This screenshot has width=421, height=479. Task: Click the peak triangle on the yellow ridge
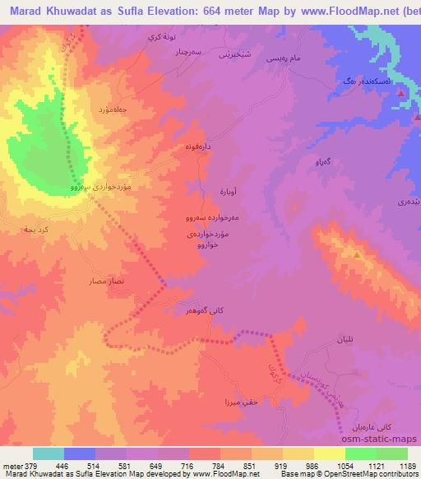click(356, 256)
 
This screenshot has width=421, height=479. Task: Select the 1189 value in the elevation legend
click(405, 465)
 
